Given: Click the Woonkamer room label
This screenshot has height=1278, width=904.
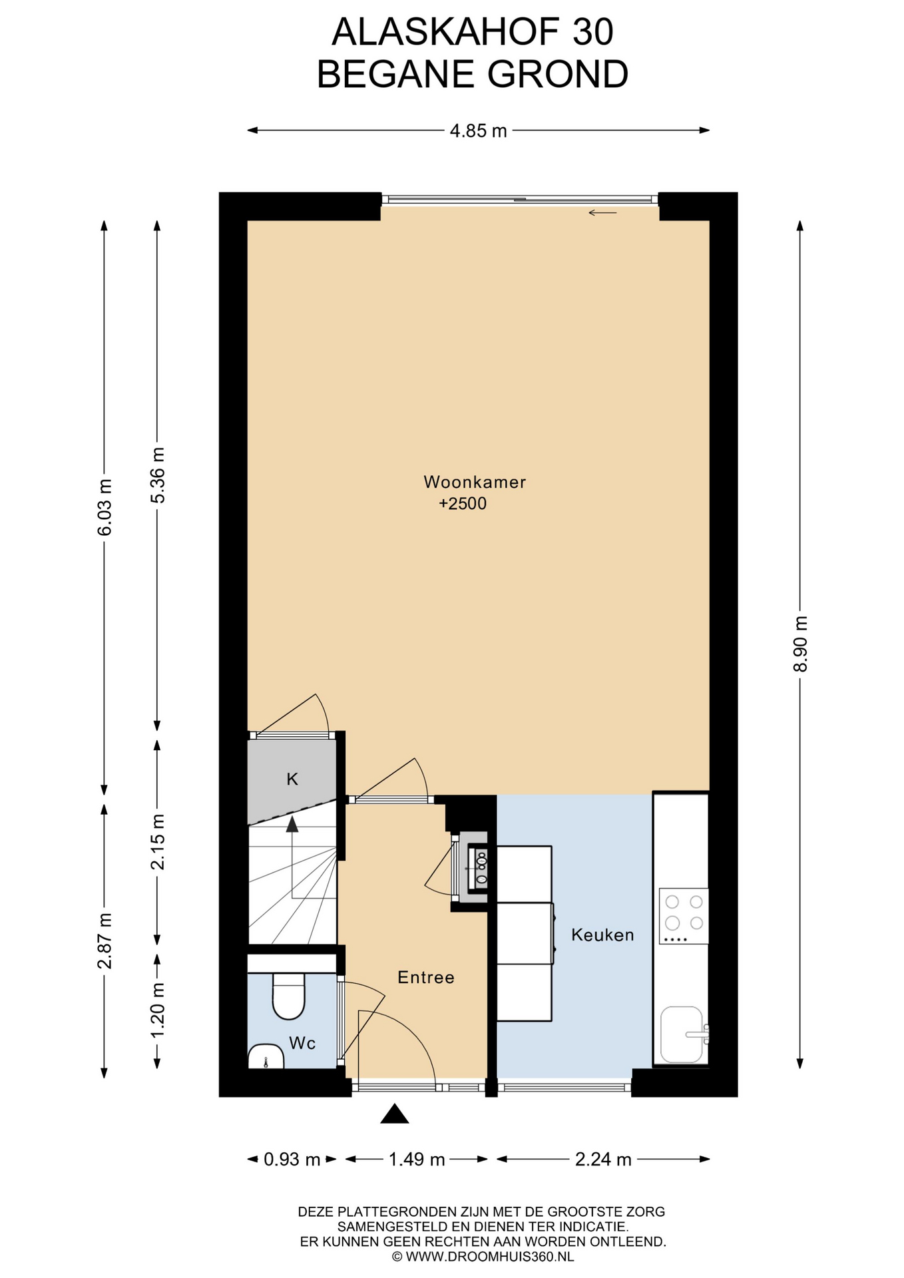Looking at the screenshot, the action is coord(475,482).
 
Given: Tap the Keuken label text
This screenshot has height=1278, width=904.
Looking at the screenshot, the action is coord(602,935).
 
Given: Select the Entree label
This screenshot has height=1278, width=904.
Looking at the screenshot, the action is coord(426,977).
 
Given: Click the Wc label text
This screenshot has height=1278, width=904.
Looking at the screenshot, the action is coord(302,1043).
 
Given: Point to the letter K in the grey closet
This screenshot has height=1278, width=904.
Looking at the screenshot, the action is coord(292,779).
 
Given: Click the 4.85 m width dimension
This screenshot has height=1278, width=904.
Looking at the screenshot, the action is coord(479,131).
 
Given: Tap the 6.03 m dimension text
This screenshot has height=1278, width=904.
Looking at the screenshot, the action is coord(105,507).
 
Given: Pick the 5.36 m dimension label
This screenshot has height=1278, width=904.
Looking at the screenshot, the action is coord(158,475).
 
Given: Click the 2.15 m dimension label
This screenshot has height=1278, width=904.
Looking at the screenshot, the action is coord(158,841).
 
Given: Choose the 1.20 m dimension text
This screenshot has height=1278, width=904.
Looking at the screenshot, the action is coord(158,1010).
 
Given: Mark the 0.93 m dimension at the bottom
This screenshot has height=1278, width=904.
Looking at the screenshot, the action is coord(292,1159).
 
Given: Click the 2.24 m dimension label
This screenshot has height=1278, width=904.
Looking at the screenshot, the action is coord(603,1159).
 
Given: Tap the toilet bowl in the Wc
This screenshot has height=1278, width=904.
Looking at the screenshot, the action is coord(289,996).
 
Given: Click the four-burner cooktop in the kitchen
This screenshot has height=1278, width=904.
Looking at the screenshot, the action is coord(684,915).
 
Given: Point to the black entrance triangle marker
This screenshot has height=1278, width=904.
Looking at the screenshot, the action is coord(395,1114).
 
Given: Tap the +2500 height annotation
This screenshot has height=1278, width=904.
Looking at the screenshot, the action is coord(463,504).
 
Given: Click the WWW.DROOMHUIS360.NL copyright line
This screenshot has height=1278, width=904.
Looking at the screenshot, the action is coord(483,1257).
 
